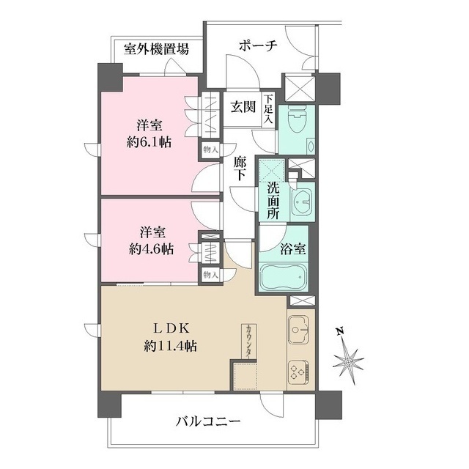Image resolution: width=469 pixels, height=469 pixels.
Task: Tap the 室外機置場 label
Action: pos(156,49)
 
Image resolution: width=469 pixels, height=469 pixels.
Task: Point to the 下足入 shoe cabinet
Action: pos(268,108)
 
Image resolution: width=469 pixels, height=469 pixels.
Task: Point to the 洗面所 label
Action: pos(273,196)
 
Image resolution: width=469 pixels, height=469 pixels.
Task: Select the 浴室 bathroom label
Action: pos(294,248)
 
